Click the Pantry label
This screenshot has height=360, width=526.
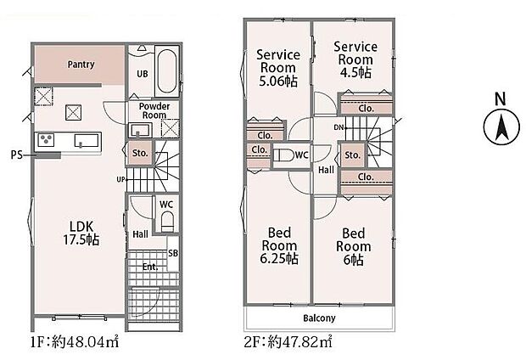click(x=81, y=65)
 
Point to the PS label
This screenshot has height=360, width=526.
click(x=16, y=155)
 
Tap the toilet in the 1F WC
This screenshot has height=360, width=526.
click(x=166, y=222)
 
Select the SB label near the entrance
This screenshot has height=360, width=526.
click(x=173, y=254)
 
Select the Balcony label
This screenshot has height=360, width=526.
click(x=319, y=318)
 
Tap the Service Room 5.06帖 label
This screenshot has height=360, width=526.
click(x=277, y=67)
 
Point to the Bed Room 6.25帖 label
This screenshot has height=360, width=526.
click(x=279, y=245)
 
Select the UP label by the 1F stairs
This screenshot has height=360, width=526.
click(x=121, y=180)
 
